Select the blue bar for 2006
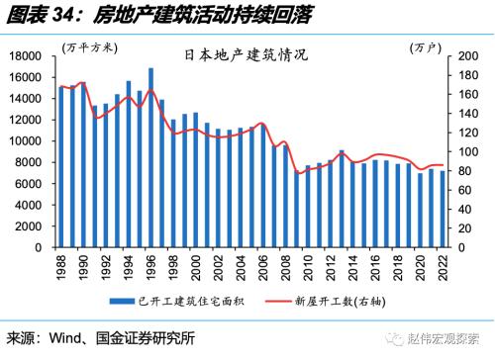pyautogui.click(x=263, y=187)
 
